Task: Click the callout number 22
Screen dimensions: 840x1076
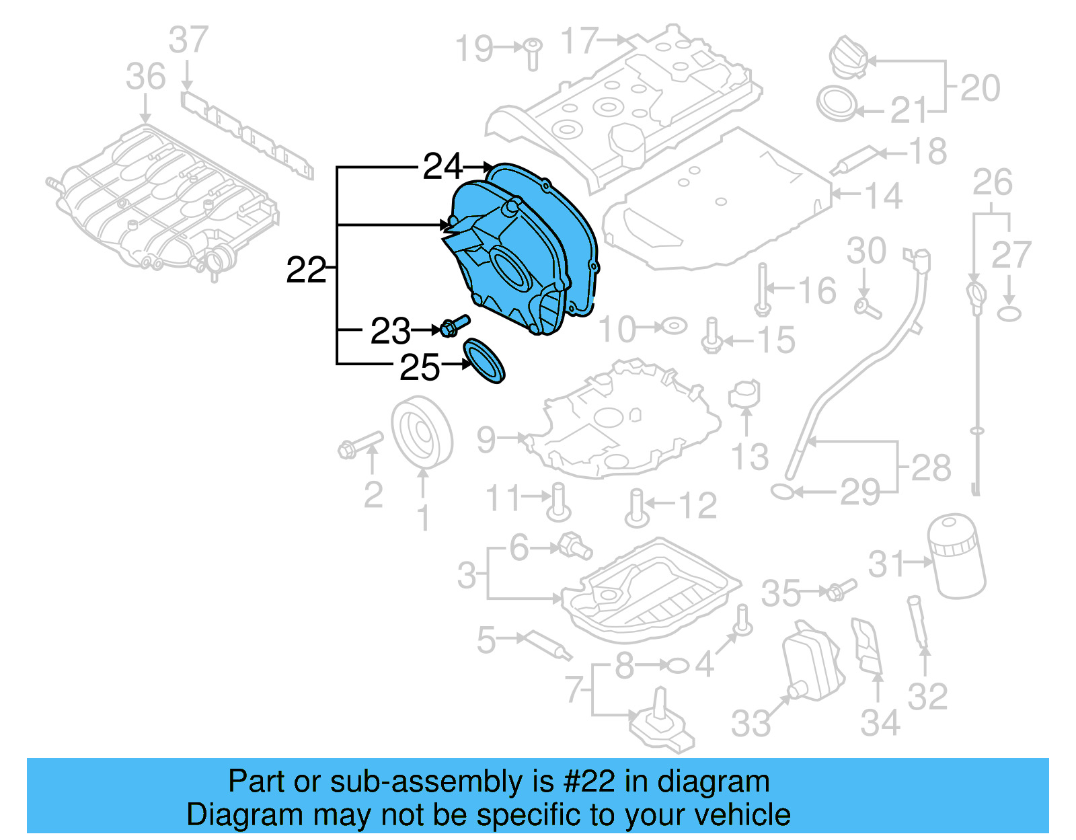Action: pos(306,270)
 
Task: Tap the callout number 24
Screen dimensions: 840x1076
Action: pos(443,166)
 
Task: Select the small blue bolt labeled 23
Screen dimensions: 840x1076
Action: pos(455,326)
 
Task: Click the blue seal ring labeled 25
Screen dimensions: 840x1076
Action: pos(485,361)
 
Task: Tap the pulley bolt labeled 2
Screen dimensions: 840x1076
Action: pos(360,445)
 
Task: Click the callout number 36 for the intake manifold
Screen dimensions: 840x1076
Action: pos(145,77)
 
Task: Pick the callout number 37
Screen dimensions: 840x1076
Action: pos(188,40)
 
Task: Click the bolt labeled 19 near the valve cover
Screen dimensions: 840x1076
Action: pos(532,54)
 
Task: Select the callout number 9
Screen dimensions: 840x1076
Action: pos(486,440)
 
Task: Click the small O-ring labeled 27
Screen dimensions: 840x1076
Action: pos(1009,313)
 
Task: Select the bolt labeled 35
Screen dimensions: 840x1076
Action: pos(840,590)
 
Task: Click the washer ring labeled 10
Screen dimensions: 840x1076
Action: pos(674,327)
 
